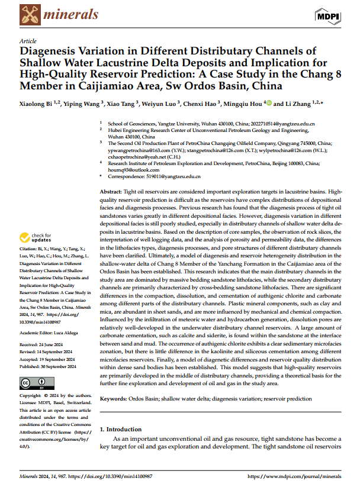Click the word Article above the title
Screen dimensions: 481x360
click(x=28, y=41)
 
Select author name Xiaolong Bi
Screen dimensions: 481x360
click(x=37, y=104)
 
